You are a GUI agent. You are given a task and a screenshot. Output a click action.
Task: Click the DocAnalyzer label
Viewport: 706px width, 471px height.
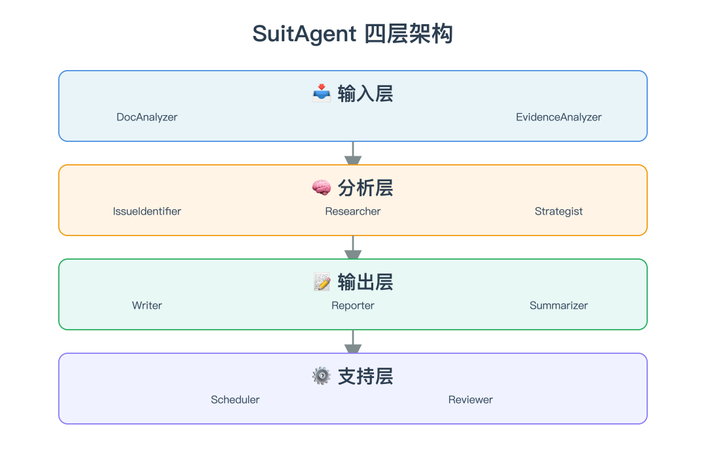[147, 117]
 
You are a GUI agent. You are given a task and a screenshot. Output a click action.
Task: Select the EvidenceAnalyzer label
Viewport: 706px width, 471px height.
[558, 117]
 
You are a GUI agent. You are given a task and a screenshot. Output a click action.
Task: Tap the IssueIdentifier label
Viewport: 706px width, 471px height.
[147, 211]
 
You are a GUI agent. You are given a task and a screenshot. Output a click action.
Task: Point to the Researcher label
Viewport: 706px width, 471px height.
[352, 211]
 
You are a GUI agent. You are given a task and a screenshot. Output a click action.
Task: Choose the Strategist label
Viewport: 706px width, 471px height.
[558, 211]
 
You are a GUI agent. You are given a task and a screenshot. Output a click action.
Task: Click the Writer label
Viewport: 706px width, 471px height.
[147, 305]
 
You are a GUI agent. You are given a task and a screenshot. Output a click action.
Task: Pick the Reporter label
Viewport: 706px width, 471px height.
[352, 305]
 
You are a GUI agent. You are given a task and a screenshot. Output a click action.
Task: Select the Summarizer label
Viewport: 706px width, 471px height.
[558, 305]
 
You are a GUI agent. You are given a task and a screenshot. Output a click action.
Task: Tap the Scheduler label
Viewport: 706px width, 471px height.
[235, 400]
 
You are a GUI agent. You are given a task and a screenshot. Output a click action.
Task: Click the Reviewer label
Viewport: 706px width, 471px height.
[471, 400]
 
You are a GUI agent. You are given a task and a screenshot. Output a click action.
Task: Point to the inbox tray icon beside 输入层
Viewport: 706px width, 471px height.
[322, 94]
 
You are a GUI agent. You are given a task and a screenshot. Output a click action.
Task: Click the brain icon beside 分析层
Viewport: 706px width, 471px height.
[322, 188]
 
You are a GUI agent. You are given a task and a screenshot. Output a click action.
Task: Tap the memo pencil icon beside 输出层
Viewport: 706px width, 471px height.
[322, 282]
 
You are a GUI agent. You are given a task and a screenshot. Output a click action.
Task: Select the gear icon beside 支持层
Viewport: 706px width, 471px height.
[322, 376]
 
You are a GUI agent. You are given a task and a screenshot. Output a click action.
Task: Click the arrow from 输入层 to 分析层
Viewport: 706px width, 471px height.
[353, 153]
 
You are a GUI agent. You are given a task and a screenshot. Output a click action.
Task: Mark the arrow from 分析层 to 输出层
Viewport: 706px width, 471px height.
[353, 247]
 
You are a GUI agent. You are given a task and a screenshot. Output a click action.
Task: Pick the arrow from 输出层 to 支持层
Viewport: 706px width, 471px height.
[353, 341]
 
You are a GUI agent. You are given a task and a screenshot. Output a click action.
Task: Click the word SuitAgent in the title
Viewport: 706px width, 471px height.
[305, 34]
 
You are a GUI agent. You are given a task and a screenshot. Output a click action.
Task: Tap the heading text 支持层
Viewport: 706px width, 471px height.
[365, 376]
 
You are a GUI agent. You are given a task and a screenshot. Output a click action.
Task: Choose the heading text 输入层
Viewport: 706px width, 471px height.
[365, 94]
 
